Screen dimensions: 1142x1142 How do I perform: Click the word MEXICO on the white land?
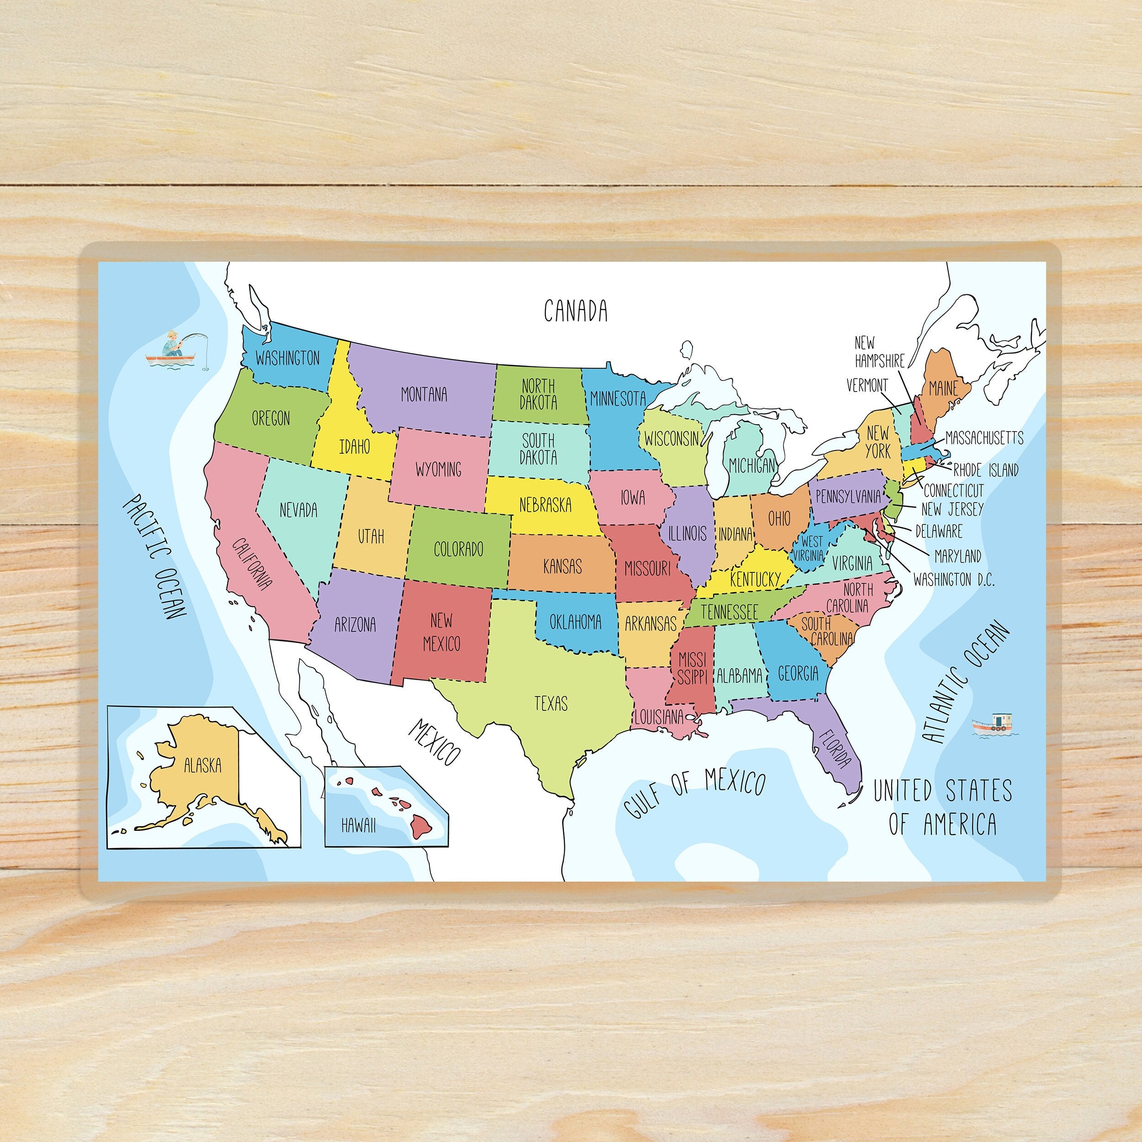[x=434, y=742]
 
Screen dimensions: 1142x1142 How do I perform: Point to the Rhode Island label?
[x=986, y=471]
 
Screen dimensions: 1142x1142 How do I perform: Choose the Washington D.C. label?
[x=953, y=580]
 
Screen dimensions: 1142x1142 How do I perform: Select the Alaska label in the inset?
[x=202, y=766]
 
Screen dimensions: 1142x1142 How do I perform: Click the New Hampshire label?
[x=878, y=352]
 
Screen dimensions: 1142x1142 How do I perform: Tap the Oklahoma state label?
[x=575, y=622]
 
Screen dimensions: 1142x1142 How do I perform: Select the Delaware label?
[x=939, y=531]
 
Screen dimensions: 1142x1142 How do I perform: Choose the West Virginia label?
[x=809, y=549]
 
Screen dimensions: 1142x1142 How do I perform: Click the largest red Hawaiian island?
[x=422, y=825]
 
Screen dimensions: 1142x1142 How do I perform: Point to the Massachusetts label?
[x=984, y=438]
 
